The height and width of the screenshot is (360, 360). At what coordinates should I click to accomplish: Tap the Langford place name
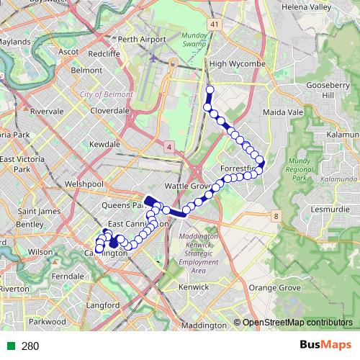pos(102,305)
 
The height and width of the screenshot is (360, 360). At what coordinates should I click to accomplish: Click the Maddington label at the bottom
pos(204,325)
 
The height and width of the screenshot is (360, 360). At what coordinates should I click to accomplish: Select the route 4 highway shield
pos(168,147)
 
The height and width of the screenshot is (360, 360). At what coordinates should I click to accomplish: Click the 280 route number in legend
pos(30,346)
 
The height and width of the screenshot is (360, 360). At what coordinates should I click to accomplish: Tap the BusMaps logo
pos(325,346)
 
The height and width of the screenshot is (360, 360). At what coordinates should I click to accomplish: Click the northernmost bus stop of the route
pos(210,90)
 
